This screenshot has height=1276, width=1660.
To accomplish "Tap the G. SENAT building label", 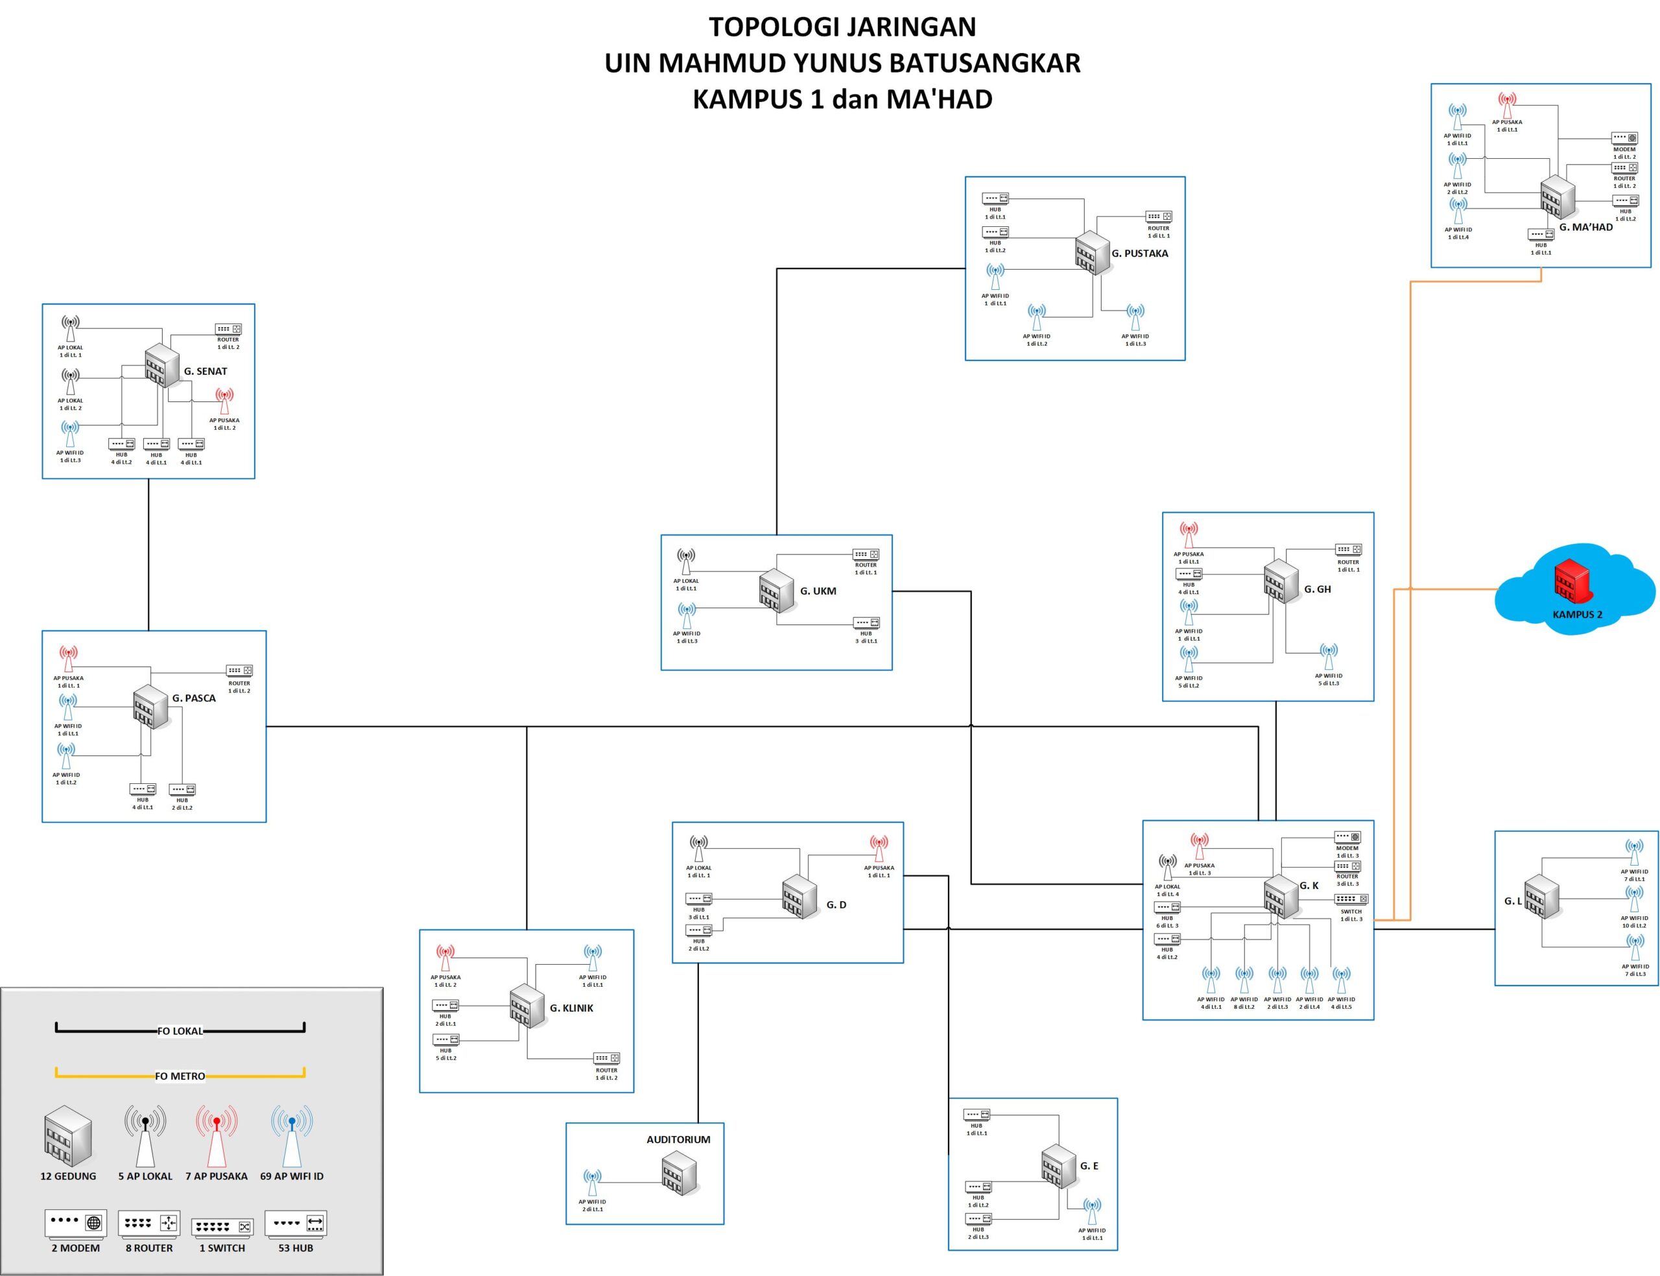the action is pos(205,372).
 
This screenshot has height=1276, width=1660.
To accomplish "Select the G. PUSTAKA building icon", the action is pos(1092,252).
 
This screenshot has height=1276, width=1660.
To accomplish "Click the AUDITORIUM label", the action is pos(678,1139).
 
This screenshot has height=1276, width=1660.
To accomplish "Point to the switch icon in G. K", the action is pos(1351,899).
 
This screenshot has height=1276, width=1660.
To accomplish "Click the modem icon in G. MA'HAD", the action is pos(1624,138).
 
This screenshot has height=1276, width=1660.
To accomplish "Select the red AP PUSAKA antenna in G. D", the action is pos(879,847).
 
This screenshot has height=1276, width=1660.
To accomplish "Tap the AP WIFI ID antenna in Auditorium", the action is pos(592,1183).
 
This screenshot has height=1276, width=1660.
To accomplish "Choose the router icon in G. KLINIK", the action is pos(606,1058).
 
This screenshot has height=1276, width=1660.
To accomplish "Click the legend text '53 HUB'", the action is pos(296,1248).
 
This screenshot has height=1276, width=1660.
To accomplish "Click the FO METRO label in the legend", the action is pos(180,1076).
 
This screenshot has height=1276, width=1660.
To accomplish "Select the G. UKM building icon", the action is pos(776,590).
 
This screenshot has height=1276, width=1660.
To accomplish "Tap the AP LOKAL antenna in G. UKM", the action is pos(685,562).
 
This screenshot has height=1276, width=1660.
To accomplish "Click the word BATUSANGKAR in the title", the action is pos(984,62).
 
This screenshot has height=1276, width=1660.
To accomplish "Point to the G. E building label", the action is pos(1089,1166).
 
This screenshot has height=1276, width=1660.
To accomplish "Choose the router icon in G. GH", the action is pos(1348,549).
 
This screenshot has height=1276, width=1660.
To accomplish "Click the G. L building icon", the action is pos(1541,897).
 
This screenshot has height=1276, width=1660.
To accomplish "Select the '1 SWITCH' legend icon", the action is pos(222,1227).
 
